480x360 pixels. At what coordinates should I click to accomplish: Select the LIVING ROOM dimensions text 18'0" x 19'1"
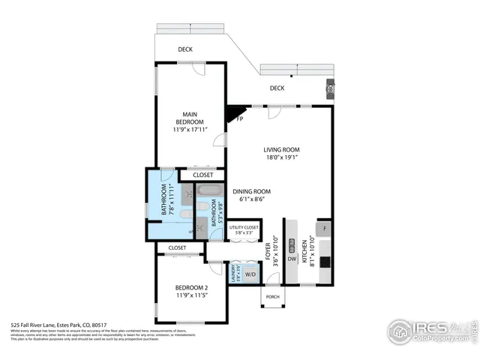281,157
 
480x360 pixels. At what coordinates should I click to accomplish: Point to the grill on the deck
331,89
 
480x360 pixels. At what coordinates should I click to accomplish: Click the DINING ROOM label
251,191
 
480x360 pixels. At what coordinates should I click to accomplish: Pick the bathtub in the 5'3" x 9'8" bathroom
213,190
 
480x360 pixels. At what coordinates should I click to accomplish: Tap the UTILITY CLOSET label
244,227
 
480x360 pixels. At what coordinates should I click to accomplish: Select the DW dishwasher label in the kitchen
292,259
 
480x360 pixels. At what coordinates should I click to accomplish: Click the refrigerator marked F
324,228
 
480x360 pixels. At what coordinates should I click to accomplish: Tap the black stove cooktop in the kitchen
324,262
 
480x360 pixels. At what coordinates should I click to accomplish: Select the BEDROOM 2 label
191,287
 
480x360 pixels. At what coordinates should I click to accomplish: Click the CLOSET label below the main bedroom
202,175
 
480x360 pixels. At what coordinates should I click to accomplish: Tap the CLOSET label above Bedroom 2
177,247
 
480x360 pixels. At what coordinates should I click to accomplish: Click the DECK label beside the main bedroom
185,50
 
